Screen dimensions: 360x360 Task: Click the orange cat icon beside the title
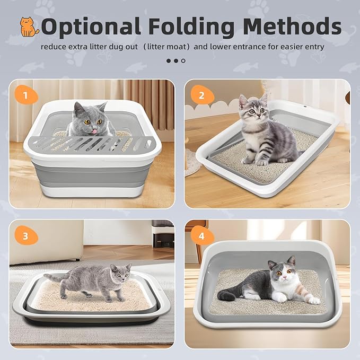pos(30,27)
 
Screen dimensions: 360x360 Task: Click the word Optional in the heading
pos(90,27)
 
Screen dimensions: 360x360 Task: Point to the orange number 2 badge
pos(201,95)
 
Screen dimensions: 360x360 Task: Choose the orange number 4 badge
pos(201,235)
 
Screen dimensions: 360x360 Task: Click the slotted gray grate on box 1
pos(92,143)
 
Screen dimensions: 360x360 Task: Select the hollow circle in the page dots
pos(183,61)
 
